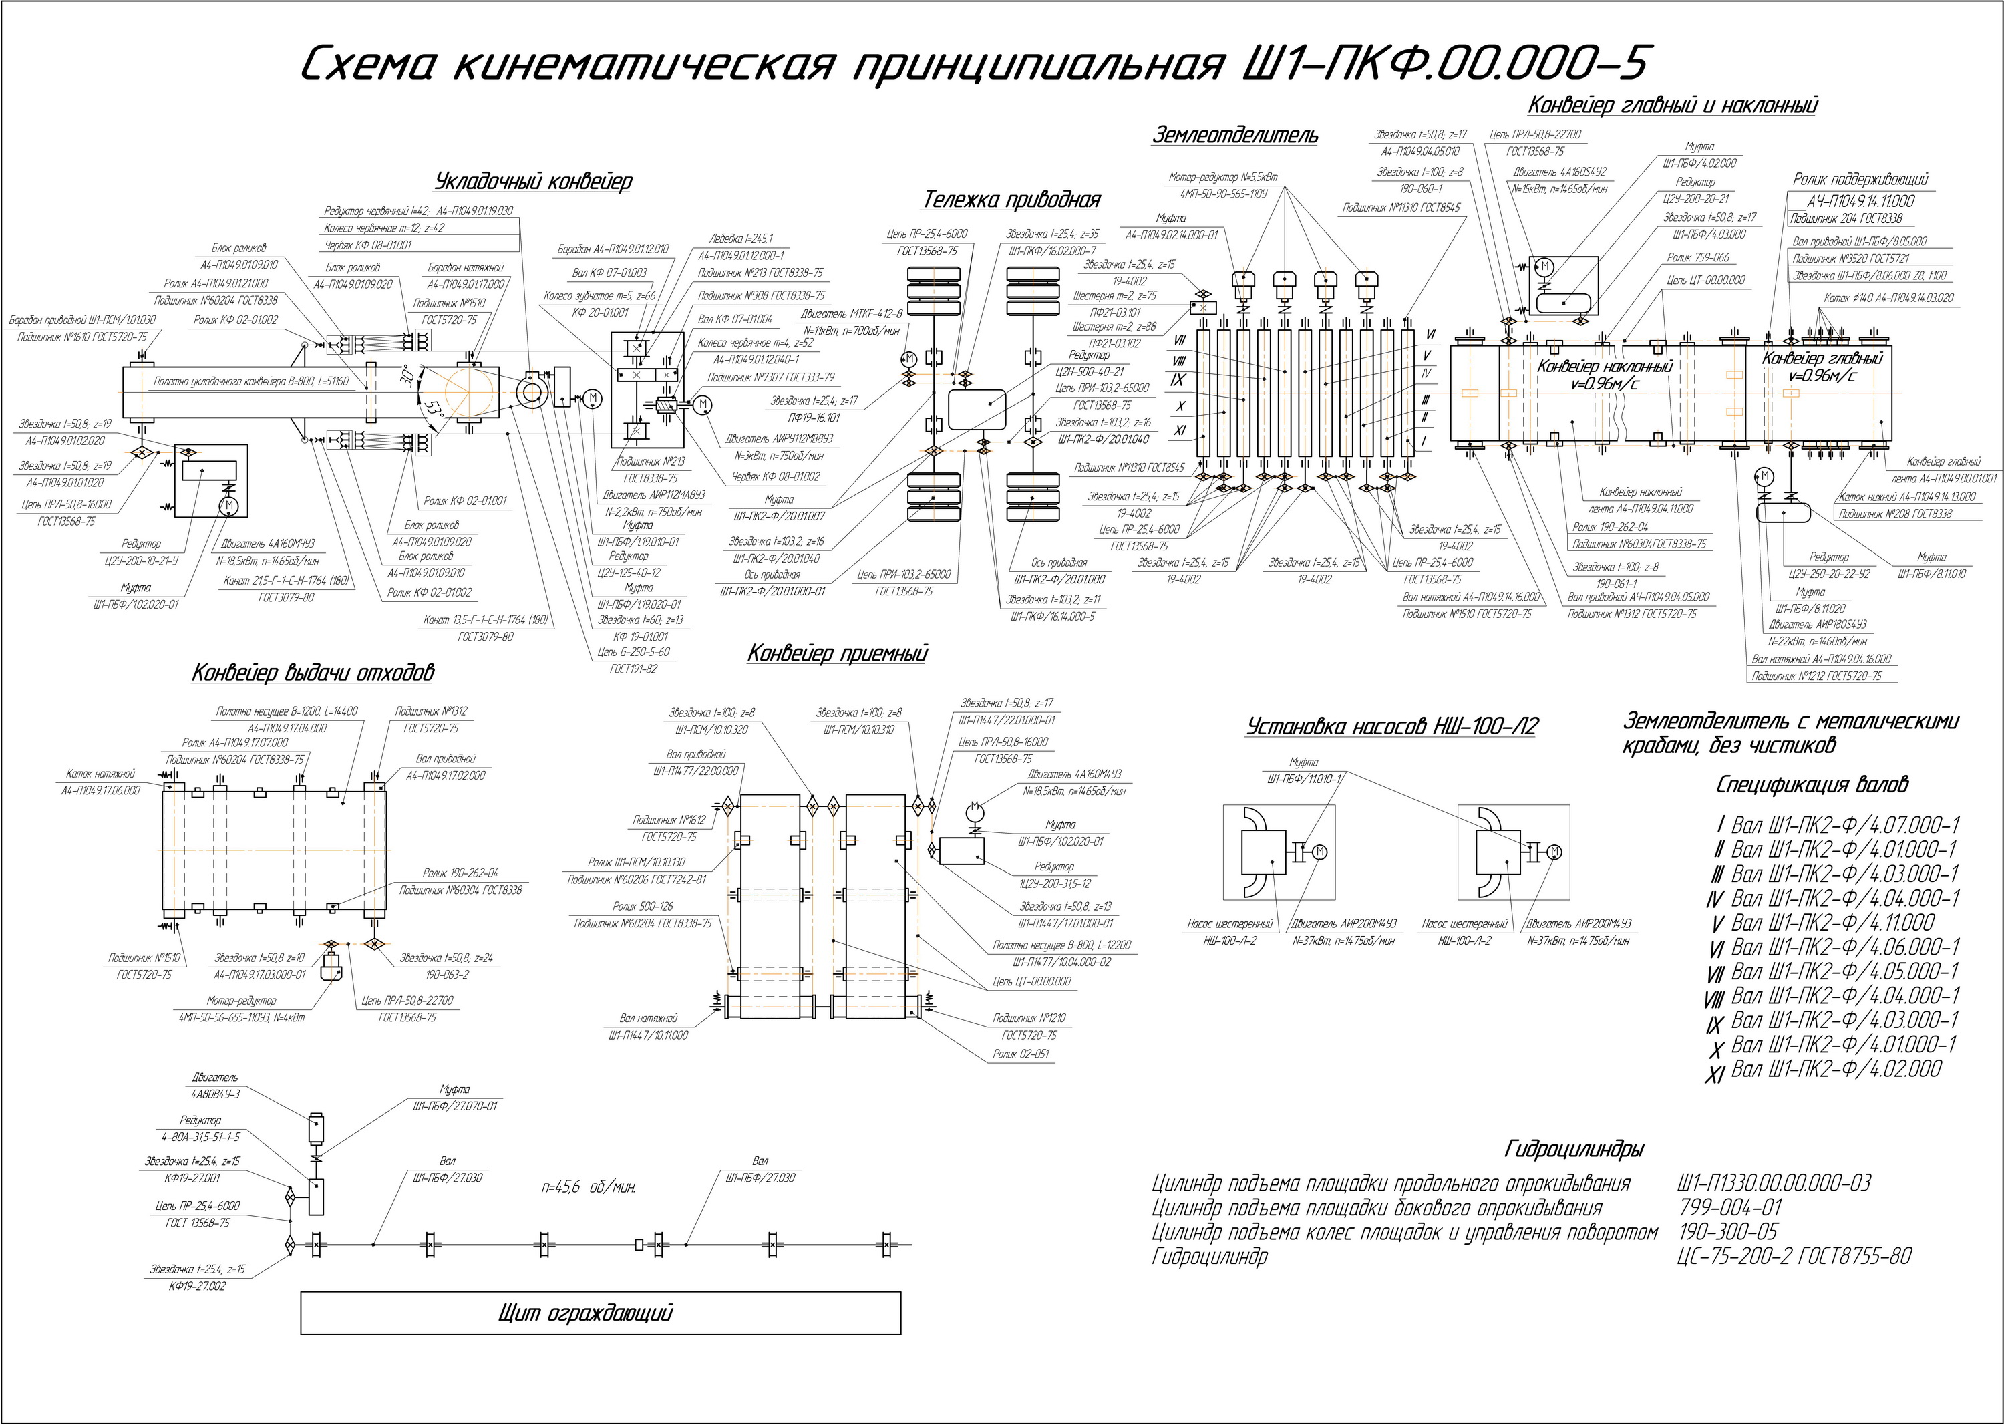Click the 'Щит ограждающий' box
(x=600, y=1313)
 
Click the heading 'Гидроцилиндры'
(x=1573, y=1150)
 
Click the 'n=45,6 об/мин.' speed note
(x=589, y=1188)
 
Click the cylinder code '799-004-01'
(x=1730, y=1209)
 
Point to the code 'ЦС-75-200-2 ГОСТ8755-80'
(x=1794, y=1257)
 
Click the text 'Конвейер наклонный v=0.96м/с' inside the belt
(x=1604, y=375)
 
